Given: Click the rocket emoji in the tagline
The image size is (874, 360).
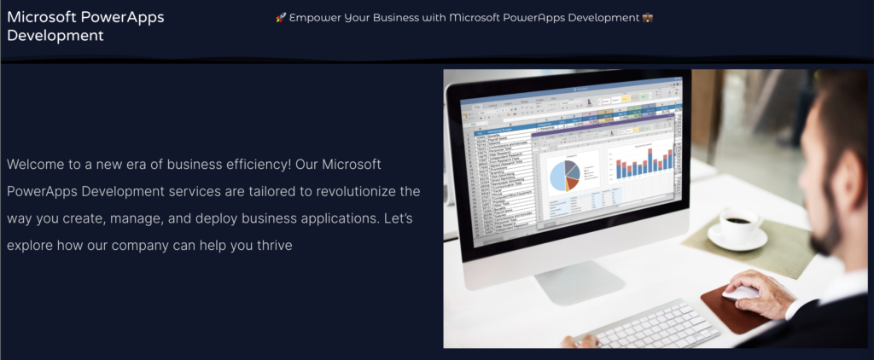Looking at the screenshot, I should pos(281,18).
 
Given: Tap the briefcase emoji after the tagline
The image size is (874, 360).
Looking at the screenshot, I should pos(647,18).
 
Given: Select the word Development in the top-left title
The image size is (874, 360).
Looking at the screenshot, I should pos(55,35).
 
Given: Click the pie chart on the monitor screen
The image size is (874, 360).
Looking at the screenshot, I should pos(564,173).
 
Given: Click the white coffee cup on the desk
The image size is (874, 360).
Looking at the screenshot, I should pos(737,227).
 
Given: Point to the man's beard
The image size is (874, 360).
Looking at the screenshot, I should pos(820,235).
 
